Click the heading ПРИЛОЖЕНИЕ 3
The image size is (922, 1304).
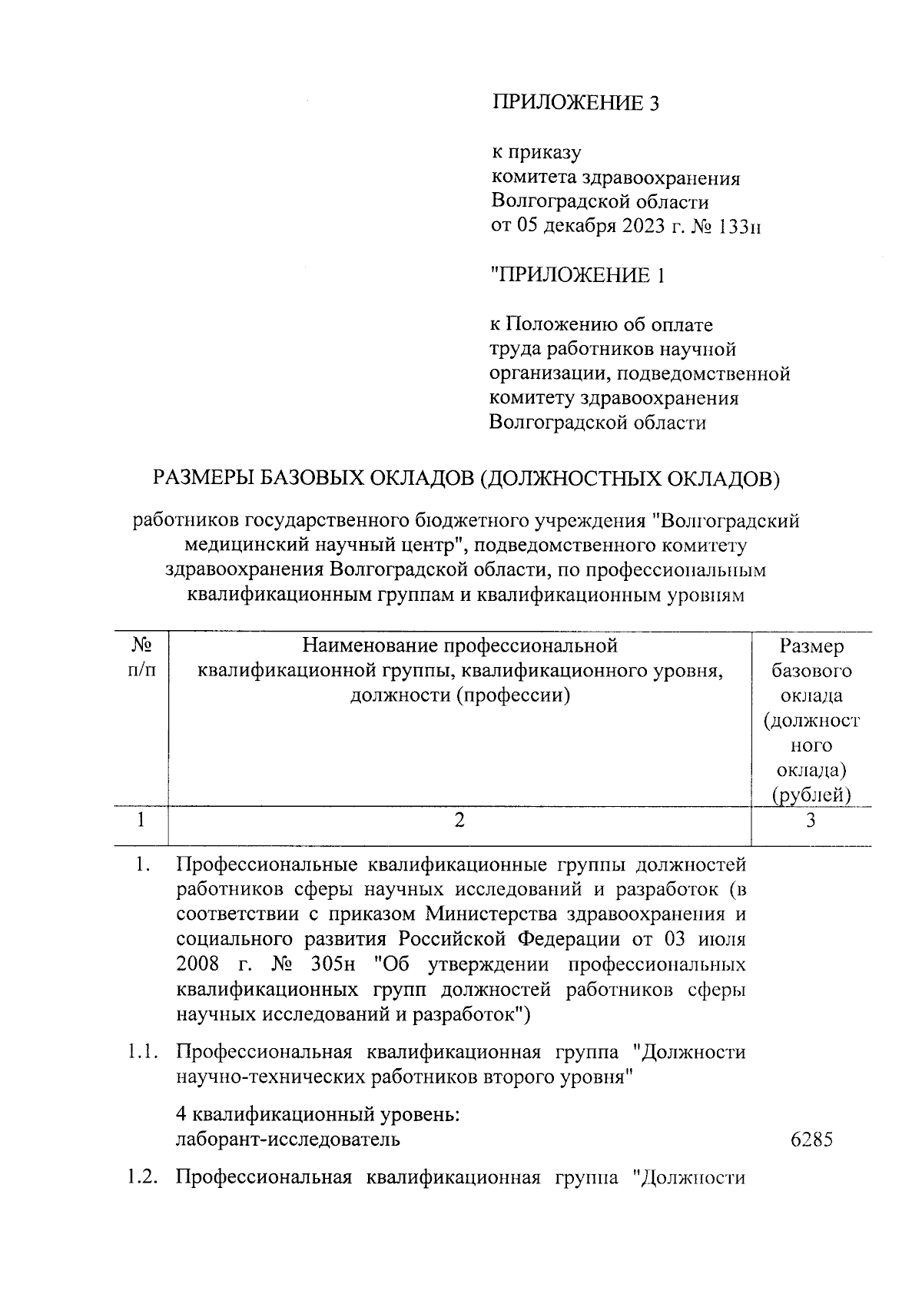tap(575, 104)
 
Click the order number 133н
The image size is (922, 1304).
tap(738, 227)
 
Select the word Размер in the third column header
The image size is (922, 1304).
tap(811, 646)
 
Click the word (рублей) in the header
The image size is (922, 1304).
tap(811, 795)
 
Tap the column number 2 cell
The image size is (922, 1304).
tap(459, 820)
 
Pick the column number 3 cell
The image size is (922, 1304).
tap(811, 821)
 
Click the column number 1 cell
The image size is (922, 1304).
tap(141, 820)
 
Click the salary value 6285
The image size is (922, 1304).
tap(811, 1139)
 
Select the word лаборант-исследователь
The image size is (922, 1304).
tap(288, 1139)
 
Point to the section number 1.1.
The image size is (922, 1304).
tap(143, 1051)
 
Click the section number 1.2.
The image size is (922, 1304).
tap(143, 1177)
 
